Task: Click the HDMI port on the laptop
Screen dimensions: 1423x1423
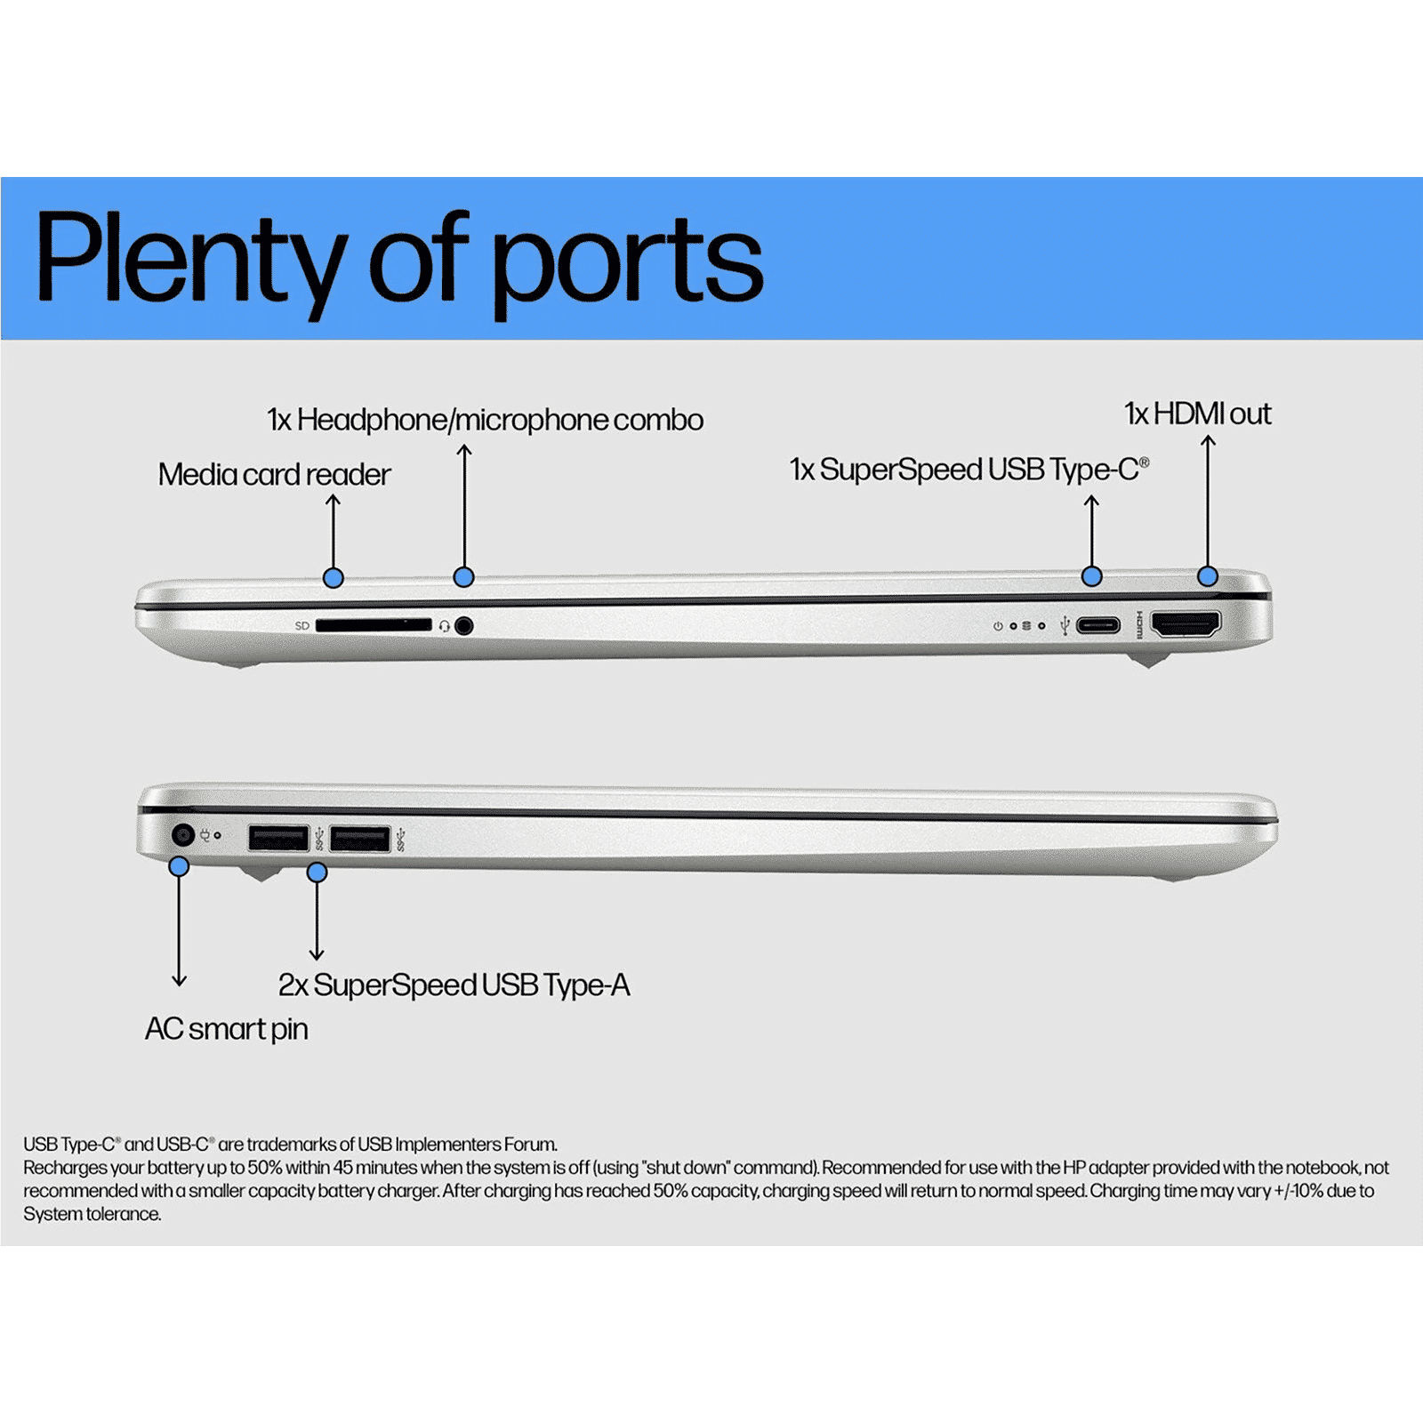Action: pos(1186,624)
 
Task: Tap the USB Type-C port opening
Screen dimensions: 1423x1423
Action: pos(1098,625)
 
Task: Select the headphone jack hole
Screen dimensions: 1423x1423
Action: pos(463,626)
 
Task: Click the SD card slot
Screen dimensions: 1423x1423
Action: pos(374,626)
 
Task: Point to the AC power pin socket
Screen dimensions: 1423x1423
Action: pos(182,835)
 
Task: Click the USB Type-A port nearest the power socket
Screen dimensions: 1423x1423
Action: pos(277,839)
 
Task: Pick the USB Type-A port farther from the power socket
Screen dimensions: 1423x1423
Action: pos(359,839)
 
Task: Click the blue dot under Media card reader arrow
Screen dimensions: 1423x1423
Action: pos(333,578)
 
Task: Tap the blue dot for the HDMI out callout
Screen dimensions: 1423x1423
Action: pos(1207,576)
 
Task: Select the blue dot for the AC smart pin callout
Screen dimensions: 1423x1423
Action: pos(179,866)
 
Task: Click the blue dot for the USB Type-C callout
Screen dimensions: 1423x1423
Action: pos(1091,576)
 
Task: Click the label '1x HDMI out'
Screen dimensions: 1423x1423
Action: pos(1197,414)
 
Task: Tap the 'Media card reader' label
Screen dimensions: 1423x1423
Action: pos(274,475)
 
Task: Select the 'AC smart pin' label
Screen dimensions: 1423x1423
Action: pos(227,1029)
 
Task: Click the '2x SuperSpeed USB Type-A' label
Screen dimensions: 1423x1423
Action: pos(454,985)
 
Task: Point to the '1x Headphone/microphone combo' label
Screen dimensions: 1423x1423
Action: pos(485,420)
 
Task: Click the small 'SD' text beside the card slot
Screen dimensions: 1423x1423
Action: pos(302,626)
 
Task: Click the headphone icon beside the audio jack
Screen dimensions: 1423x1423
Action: pos(445,627)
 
